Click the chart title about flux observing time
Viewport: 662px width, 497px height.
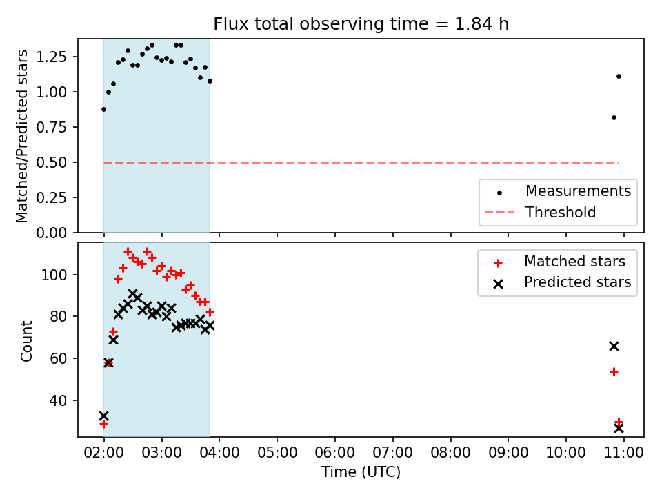[361, 23]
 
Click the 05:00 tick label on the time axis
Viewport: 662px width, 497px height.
[277, 453]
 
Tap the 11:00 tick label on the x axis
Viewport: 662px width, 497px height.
[623, 453]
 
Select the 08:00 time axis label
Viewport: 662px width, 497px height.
[450, 453]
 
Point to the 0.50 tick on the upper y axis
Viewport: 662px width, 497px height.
[52, 162]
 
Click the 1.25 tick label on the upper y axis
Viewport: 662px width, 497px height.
[52, 57]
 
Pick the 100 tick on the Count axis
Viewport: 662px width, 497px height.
[54, 275]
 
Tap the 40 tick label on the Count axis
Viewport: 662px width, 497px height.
[58, 400]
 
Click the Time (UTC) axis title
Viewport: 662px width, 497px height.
[361, 471]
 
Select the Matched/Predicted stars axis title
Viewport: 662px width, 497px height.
[22, 136]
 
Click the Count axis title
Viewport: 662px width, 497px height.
[26, 340]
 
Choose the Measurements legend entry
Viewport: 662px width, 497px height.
[557, 191]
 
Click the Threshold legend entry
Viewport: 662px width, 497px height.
[541, 212]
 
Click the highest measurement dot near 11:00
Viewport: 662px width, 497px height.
[619, 77]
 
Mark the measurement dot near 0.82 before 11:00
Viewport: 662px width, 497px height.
[614, 118]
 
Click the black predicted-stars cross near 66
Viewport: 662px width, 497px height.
[614, 347]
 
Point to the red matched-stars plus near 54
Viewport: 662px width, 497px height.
[614, 372]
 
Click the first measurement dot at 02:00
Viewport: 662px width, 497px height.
[103, 110]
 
